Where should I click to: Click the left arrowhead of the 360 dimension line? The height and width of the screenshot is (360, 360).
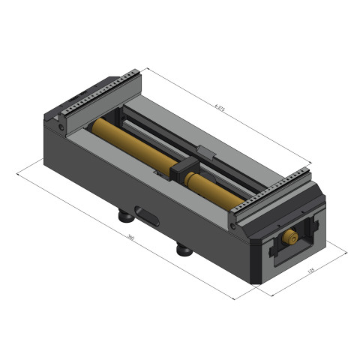[18, 173]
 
